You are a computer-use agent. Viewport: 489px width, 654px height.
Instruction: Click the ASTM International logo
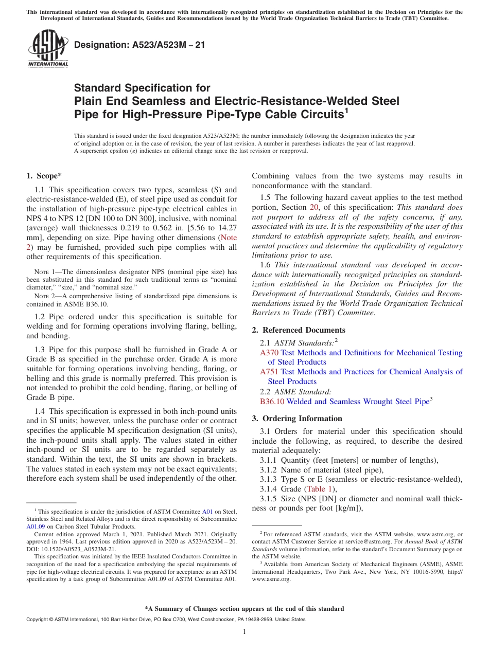pos(48,48)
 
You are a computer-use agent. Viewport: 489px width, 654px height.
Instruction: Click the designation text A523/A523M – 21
pos(139,45)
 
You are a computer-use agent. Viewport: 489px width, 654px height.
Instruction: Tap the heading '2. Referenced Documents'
pos(299,330)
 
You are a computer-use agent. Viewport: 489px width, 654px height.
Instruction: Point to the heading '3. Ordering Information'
pos(297,419)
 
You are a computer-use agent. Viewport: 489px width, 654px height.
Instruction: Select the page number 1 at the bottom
pos(244,632)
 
